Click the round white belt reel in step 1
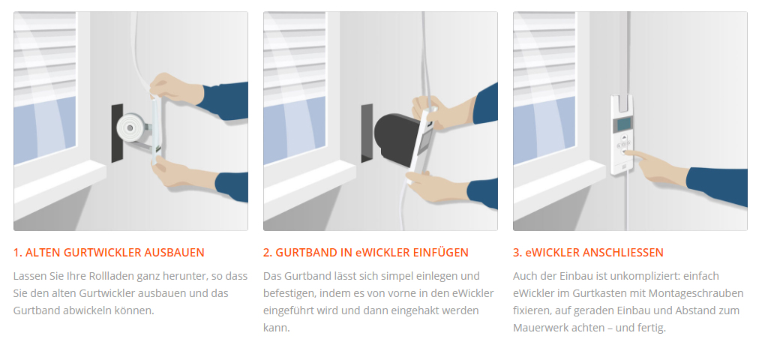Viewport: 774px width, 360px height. [x=130, y=128]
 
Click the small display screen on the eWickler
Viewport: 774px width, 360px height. [x=624, y=124]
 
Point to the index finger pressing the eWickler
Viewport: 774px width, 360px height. [x=634, y=154]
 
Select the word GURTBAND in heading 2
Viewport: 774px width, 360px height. [x=306, y=252]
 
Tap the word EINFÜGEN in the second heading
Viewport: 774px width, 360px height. [x=440, y=252]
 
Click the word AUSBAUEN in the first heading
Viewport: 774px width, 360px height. [x=174, y=252]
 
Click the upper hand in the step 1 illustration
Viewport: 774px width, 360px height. [x=175, y=88]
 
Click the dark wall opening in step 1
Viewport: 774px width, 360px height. [x=117, y=133]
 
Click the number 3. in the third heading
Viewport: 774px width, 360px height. [x=517, y=252]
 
